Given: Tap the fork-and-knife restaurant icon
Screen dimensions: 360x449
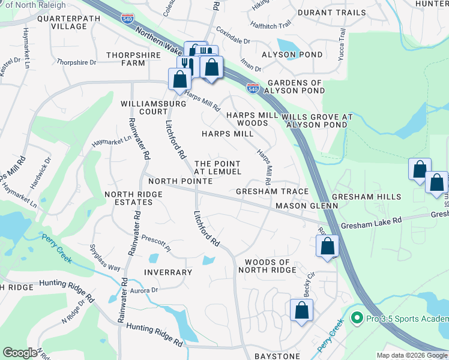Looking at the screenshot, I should click(x=187, y=64).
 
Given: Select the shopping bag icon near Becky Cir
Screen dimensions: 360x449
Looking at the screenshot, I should click(x=301, y=311).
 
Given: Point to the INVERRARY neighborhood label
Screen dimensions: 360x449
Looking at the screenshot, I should click(x=168, y=272).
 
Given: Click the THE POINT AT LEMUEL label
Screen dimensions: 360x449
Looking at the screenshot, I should click(x=218, y=168).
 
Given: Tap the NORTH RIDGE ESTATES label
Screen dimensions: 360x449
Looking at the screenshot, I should click(x=136, y=199).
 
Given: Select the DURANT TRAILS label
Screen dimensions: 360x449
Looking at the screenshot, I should click(x=331, y=12).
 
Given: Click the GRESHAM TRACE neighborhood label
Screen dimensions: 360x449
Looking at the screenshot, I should click(x=272, y=191).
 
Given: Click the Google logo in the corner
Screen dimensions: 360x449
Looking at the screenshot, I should click(x=20, y=353).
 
